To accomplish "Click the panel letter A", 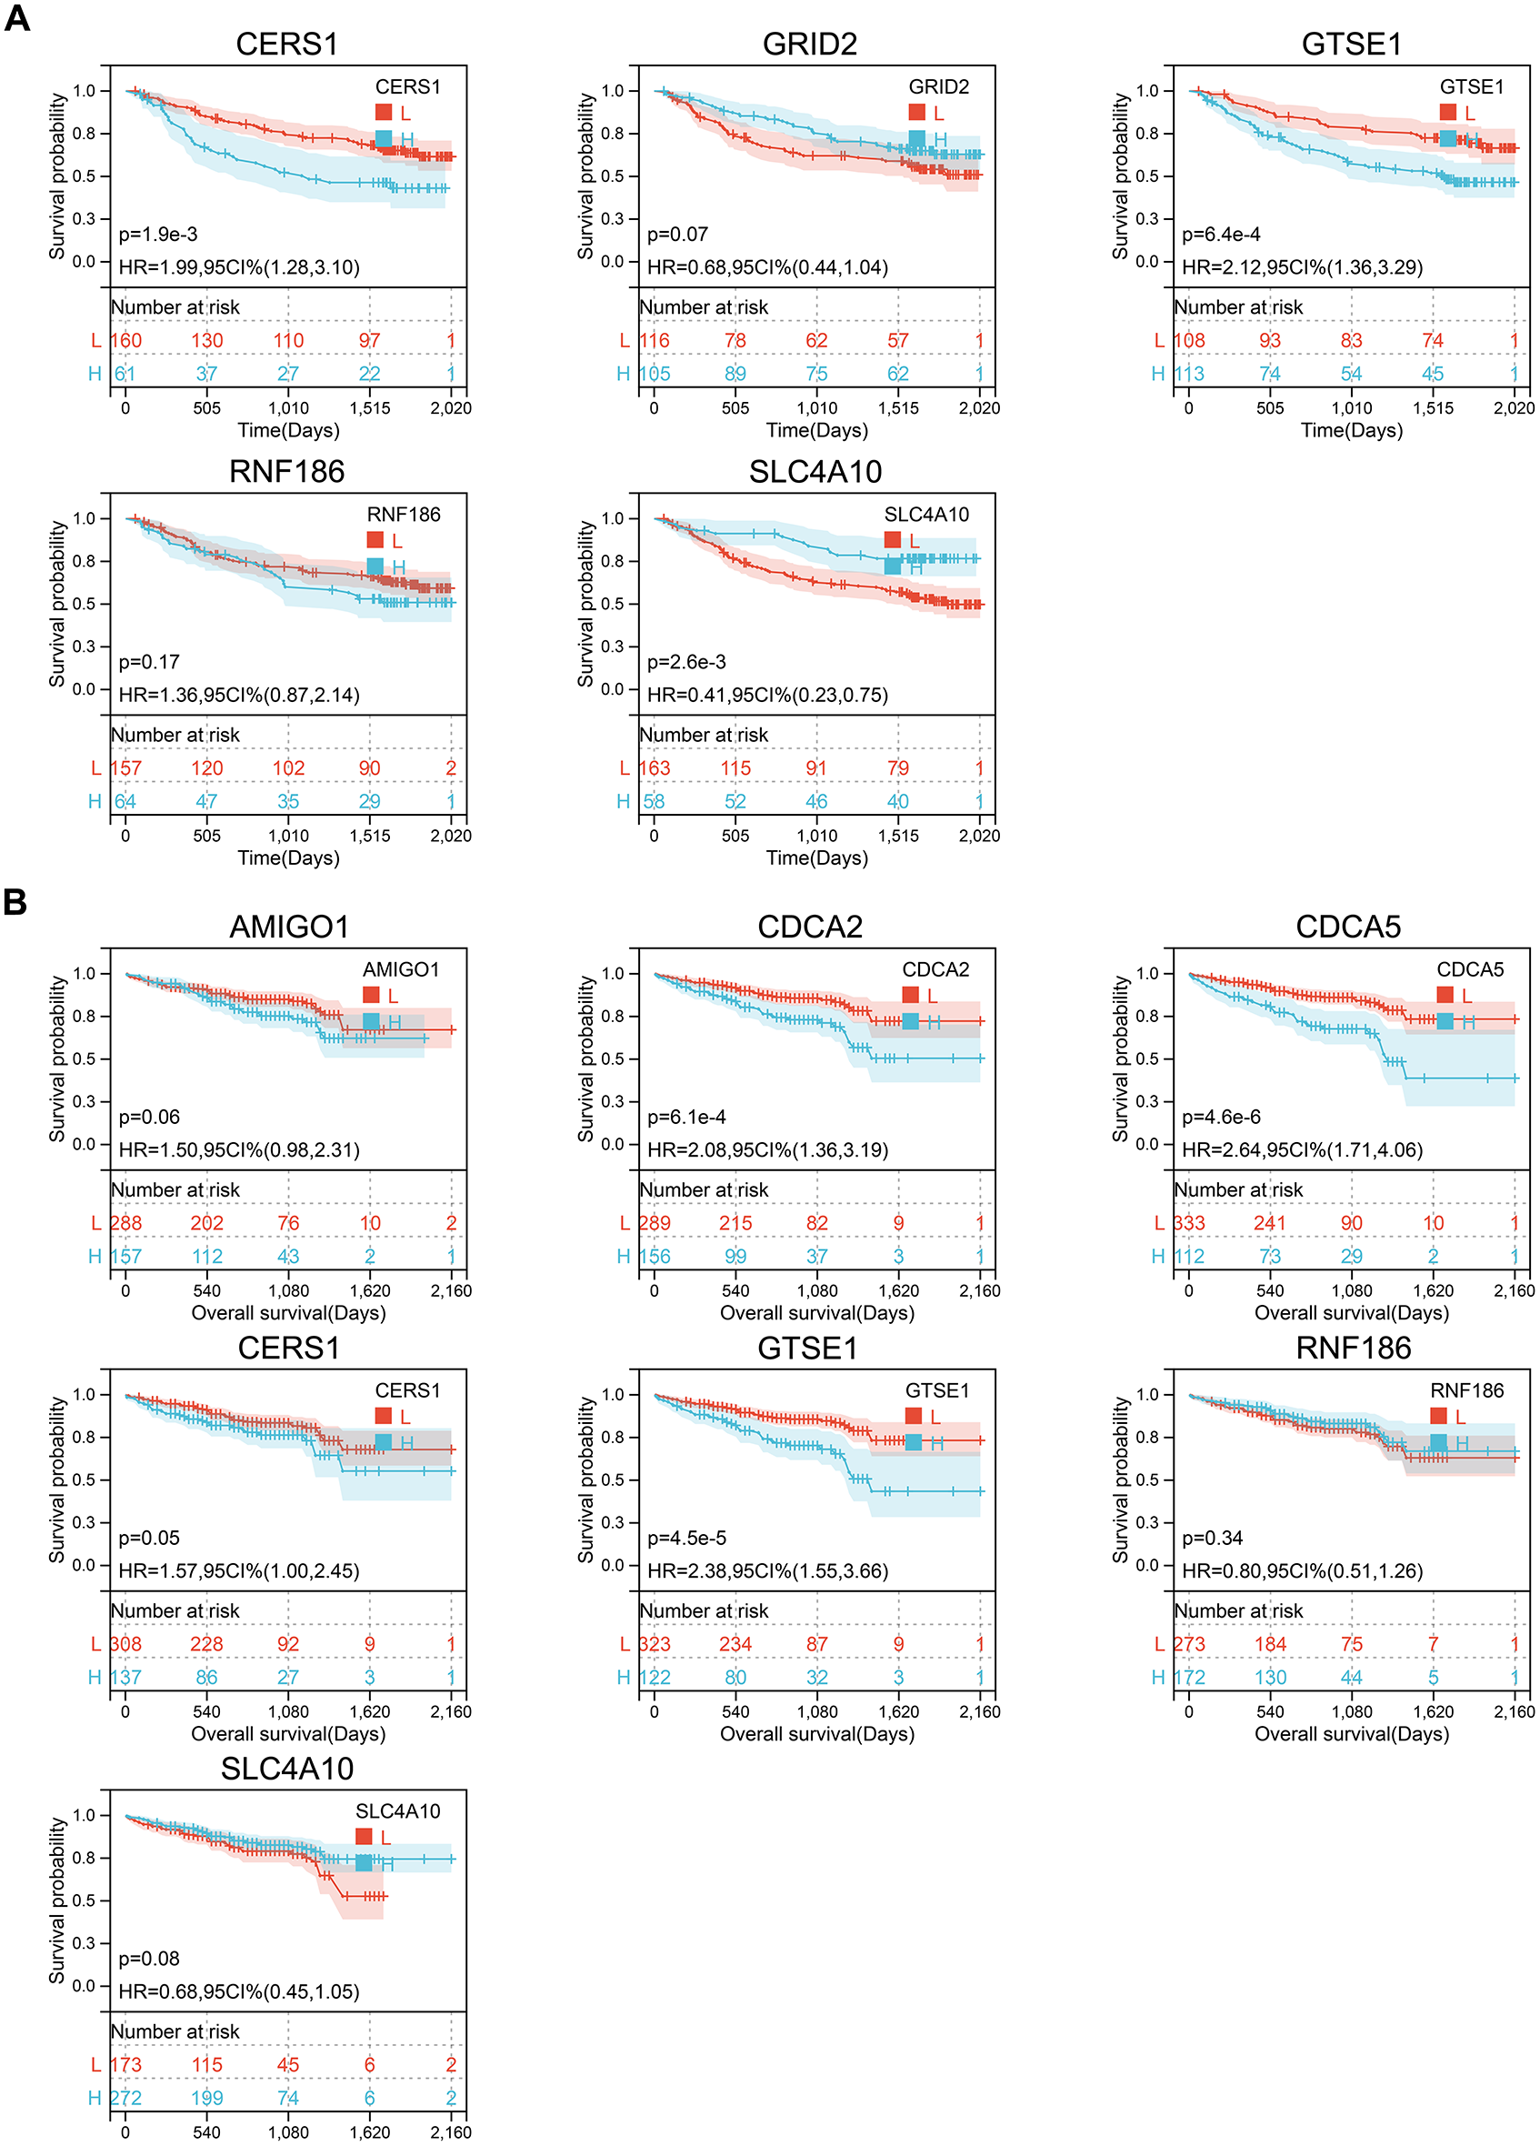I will (x=17, y=18).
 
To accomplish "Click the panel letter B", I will (x=15, y=901).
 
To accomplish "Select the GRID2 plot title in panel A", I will (x=810, y=45).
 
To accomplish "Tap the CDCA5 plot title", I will (x=1348, y=927).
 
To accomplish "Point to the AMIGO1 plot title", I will (x=288, y=927).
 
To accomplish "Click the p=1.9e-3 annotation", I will (x=158, y=235).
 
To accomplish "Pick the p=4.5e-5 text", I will (x=686, y=1538).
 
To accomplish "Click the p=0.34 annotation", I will (x=1212, y=1538).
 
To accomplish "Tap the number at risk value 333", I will (x=1189, y=1222).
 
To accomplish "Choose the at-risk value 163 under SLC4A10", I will (x=654, y=767).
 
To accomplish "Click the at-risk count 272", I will (x=125, y=2098).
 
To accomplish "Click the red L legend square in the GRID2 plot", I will (x=916, y=113).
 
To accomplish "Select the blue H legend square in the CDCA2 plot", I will (x=910, y=1021).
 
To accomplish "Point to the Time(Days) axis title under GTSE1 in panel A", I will (x=1351, y=430).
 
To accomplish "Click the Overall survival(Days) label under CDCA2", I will (x=816, y=1312).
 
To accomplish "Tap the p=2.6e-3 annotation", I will (x=686, y=662).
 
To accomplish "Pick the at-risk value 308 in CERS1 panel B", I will (x=125, y=1643).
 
